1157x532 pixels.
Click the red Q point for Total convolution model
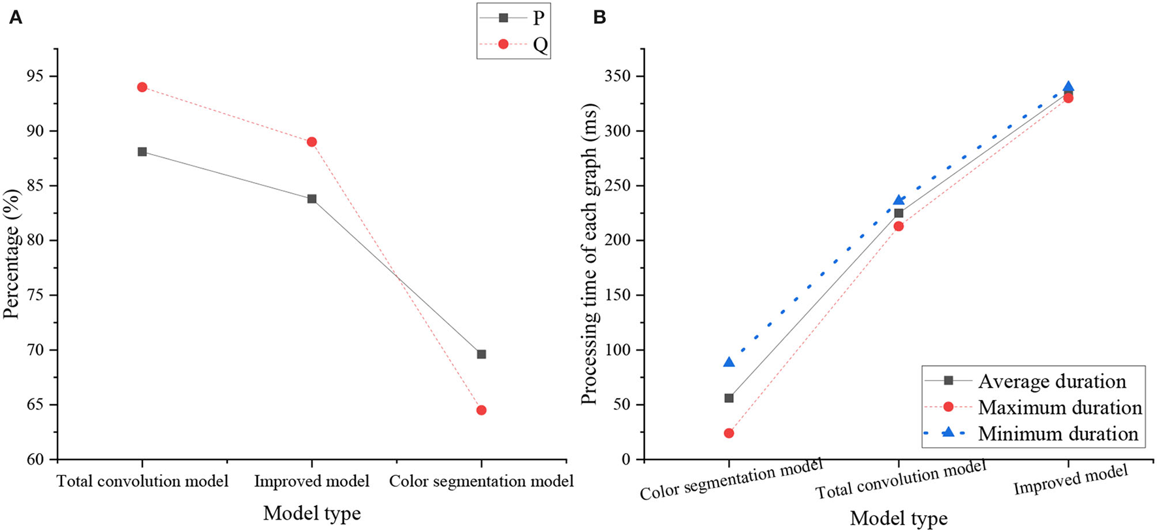pyautogui.click(x=142, y=87)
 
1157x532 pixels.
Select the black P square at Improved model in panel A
pyautogui.click(x=312, y=198)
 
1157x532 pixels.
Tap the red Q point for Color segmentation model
pyautogui.click(x=481, y=410)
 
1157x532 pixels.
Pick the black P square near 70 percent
pyautogui.click(x=481, y=354)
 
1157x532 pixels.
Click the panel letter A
pyautogui.click(x=15, y=18)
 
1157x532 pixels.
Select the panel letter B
pyautogui.click(x=599, y=18)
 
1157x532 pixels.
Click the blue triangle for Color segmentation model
pyautogui.click(x=729, y=362)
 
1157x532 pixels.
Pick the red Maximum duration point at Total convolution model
pyautogui.click(x=898, y=226)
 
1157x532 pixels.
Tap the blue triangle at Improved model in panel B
pyautogui.click(x=1068, y=87)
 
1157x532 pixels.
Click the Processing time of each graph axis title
pyautogui.click(x=589, y=255)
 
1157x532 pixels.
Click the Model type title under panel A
pyautogui.click(x=311, y=513)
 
